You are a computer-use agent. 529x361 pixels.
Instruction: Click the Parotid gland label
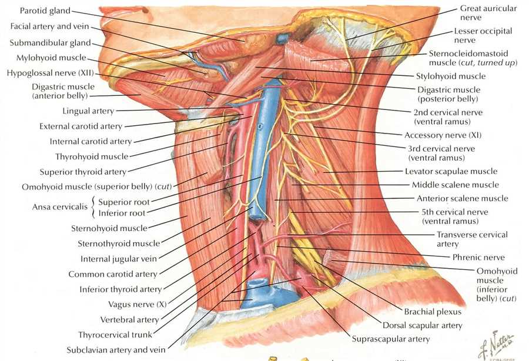(45, 11)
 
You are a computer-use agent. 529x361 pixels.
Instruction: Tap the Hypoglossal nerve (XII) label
(51, 73)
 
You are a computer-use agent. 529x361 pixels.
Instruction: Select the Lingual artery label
(88, 111)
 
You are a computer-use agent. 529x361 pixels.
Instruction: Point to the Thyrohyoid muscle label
(92, 156)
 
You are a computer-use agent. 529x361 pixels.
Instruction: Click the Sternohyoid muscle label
(109, 228)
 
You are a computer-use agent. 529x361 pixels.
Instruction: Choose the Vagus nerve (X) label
(138, 305)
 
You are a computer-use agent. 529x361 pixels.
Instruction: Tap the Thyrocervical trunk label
(115, 335)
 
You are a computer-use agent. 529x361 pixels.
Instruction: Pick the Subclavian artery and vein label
(116, 350)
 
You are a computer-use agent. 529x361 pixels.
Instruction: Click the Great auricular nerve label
(488, 13)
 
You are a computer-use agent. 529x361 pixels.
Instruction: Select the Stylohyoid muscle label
(451, 76)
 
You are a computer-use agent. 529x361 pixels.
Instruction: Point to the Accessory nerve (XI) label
(443, 135)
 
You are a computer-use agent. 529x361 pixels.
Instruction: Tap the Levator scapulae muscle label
(451, 172)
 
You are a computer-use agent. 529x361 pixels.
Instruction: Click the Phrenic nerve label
(478, 258)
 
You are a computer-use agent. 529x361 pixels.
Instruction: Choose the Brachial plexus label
(433, 312)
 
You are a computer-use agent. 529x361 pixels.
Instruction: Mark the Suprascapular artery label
(391, 339)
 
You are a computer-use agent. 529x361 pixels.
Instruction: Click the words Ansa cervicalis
(60, 207)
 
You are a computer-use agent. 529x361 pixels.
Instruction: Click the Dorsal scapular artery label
(422, 326)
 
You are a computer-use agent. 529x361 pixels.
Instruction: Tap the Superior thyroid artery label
(83, 172)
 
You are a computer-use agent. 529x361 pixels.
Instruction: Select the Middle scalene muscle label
(456, 185)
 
